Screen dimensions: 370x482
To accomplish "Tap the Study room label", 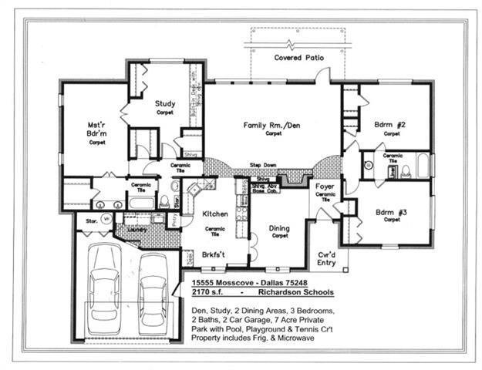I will coord(164,103).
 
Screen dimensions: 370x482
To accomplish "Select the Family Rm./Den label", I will coord(273,125).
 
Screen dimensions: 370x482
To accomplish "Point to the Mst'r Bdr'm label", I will coord(96,128).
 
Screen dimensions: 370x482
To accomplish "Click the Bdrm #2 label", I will coord(391,124).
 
